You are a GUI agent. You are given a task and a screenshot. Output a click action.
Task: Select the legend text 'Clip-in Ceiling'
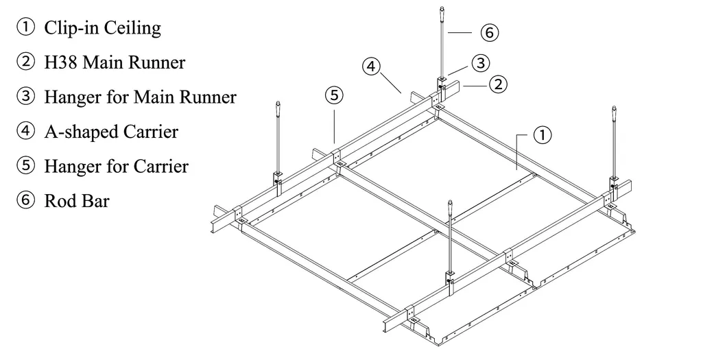[x=102, y=28]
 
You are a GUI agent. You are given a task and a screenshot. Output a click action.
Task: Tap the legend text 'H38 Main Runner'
[x=115, y=62]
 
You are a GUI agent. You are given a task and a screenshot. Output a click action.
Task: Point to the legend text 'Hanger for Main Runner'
[x=140, y=97]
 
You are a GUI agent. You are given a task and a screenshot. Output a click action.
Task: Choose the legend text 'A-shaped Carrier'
[x=110, y=131]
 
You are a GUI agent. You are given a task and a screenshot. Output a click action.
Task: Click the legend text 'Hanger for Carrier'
[x=116, y=166]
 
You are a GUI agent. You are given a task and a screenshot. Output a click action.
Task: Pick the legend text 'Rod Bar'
[x=76, y=201]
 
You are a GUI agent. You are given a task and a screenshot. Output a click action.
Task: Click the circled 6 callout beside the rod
[x=489, y=32]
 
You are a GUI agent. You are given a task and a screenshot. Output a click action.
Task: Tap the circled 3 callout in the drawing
[x=481, y=63]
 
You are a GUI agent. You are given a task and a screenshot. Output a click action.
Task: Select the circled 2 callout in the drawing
[x=498, y=85]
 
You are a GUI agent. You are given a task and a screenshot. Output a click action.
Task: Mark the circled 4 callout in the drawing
[x=370, y=67]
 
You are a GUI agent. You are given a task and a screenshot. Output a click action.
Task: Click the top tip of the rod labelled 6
[x=441, y=9]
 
